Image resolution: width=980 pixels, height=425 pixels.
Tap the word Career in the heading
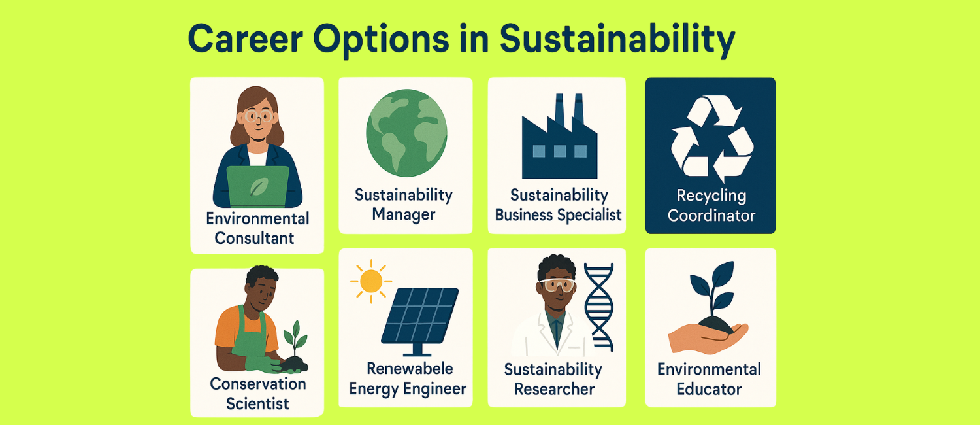click(246, 39)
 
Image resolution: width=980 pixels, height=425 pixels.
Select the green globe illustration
click(406, 133)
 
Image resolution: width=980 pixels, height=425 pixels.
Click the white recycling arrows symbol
click(712, 139)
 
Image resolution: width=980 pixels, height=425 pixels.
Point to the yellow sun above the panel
click(371, 281)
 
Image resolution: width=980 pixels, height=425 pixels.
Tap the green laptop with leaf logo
click(257, 186)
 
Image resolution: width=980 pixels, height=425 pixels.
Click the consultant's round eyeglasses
click(259, 116)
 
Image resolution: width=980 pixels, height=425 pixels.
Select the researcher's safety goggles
click(557, 285)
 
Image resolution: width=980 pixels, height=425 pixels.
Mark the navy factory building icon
click(559, 136)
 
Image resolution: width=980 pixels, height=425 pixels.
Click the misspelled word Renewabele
click(410, 369)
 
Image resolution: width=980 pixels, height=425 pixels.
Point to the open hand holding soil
click(708, 337)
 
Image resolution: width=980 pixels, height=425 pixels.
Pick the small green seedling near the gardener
click(295, 339)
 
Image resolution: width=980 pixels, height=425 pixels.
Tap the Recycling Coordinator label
click(711, 205)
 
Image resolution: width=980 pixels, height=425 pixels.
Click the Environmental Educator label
click(709, 379)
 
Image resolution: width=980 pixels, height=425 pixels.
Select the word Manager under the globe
click(403, 215)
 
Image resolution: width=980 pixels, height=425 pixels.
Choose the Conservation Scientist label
click(257, 394)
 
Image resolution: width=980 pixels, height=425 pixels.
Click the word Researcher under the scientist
click(554, 388)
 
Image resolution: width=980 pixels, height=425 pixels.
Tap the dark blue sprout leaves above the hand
click(712, 284)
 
